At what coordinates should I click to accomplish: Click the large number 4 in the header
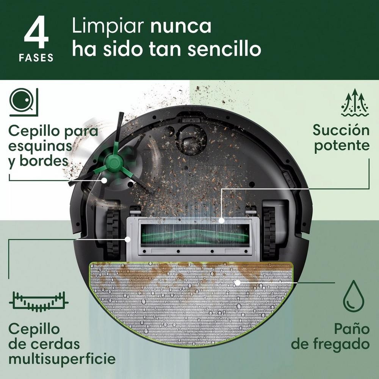(36, 34)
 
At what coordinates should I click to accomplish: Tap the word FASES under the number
(36, 58)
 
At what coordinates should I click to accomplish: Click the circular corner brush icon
(23, 102)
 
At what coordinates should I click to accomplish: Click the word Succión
(341, 130)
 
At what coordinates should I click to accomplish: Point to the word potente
(341, 146)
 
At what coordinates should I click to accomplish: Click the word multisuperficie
(62, 359)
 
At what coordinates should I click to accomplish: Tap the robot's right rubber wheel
(269, 231)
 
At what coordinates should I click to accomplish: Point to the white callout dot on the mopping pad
(237, 282)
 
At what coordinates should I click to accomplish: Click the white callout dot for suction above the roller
(221, 220)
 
